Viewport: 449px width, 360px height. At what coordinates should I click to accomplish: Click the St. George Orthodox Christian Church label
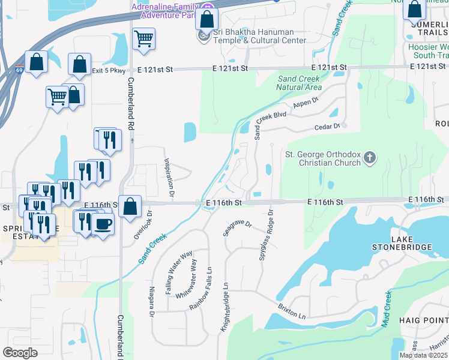322,158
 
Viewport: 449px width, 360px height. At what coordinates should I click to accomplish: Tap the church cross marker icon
370,158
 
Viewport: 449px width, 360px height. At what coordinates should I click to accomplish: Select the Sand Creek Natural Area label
299,83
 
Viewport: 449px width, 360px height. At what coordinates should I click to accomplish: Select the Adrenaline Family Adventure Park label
164,11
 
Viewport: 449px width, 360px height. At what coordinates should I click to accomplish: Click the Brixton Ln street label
292,311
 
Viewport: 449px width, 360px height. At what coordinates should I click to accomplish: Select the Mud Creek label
387,308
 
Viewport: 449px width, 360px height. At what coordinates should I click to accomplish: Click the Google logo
20,352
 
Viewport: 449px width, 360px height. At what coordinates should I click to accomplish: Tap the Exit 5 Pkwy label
109,70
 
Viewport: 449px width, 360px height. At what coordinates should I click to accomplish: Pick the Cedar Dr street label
328,127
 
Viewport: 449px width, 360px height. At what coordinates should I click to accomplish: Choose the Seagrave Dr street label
237,229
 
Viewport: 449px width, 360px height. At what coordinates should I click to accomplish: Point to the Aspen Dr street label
304,105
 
